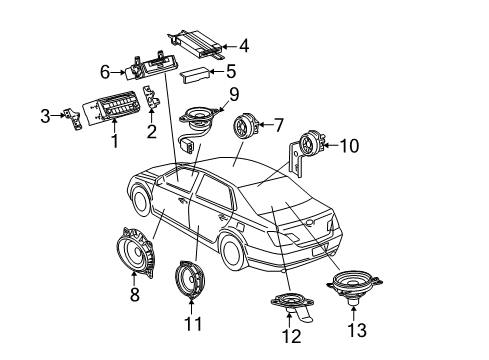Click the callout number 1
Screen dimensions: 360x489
click(115, 142)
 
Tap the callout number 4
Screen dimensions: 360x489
click(243, 44)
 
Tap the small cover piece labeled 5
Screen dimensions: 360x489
click(195, 74)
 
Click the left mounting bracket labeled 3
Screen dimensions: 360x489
click(71, 117)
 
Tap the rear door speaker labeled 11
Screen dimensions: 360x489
click(188, 277)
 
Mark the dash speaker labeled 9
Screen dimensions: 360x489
click(203, 117)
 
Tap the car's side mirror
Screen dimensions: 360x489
click(160, 181)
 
